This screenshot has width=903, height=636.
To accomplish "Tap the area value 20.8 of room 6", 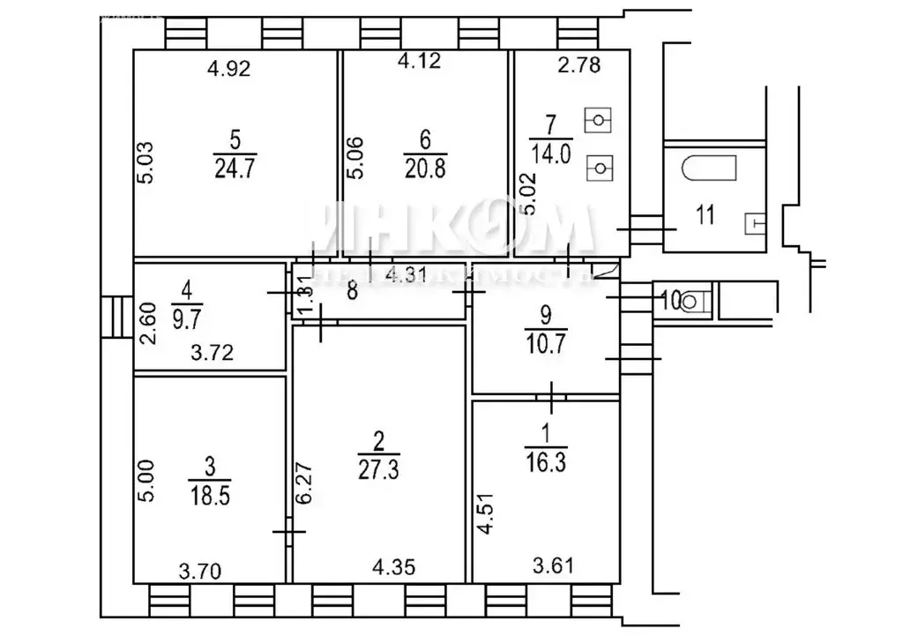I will [x=424, y=165].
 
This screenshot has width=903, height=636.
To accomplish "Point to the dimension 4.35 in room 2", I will [x=389, y=566].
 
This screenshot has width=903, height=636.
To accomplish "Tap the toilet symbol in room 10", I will [x=693, y=302].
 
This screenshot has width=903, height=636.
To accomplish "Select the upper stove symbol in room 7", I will [x=601, y=119].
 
